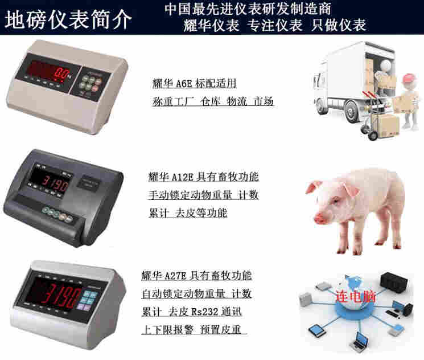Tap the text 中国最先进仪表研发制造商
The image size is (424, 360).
tap(248, 9)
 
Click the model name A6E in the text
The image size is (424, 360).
tap(184, 84)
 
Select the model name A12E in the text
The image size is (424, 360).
tap(183, 177)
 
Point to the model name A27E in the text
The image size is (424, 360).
tap(175, 276)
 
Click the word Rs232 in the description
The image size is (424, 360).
tap(204, 312)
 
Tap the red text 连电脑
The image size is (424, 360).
tap(356, 296)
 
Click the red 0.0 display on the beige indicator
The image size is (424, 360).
tap(61, 73)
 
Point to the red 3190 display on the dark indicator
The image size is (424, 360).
tap(56, 184)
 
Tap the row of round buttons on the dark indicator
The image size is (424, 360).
tap(57, 214)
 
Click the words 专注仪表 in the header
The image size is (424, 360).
tap(275, 26)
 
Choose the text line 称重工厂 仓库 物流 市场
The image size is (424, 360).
tap(213, 101)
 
